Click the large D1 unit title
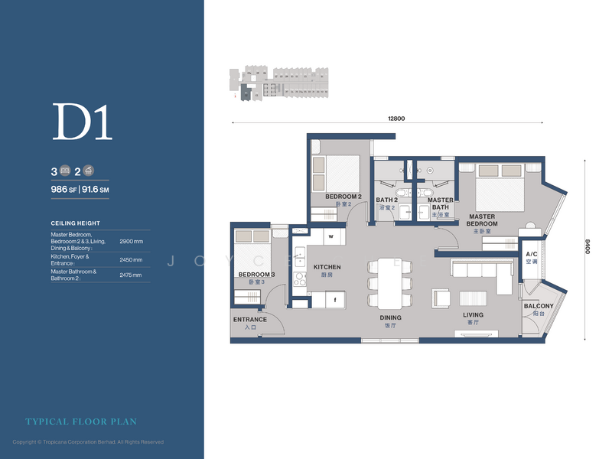tap(82, 122)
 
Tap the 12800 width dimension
tap(396, 118)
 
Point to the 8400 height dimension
tap(587, 246)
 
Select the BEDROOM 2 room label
tap(343, 197)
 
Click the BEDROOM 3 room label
tap(256, 275)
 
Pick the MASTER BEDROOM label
tap(483, 220)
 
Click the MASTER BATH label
tap(440, 203)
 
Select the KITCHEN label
tap(327, 267)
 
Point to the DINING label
tap(390, 317)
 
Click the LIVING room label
tap(473, 314)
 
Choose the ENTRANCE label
tap(250, 320)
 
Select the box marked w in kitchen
tap(330, 236)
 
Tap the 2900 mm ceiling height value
tap(131, 241)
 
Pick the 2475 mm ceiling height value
tap(131, 275)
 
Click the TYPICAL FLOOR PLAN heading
tap(81, 422)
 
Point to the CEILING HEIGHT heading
tap(75, 223)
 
